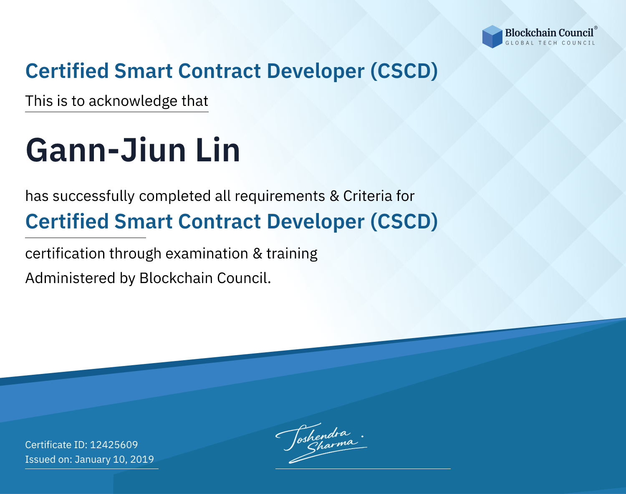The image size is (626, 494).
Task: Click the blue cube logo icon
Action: (x=492, y=37)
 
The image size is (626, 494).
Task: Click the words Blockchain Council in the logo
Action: (x=549, y=33)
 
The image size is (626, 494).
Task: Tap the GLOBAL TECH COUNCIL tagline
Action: (x=550, y=43)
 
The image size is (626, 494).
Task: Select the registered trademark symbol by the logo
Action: (x=596, y=28)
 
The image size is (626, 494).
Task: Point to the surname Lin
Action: (x=218, y=150)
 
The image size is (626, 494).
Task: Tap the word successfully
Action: (x=93, y=196)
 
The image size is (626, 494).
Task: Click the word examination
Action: (x=207, y=253)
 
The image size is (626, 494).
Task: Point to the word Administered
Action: (x=70, y=278)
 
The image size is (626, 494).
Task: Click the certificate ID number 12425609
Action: (x=114, y=444)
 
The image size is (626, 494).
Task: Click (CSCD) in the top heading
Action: (x=404, y=71)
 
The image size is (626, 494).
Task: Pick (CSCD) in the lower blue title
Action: (x=404, y=222)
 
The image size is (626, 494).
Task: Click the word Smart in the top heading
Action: (x=144, y=71)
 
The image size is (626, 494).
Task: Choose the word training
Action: (x=292, y=254)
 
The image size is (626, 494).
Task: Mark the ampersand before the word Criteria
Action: (x=334, y=196)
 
